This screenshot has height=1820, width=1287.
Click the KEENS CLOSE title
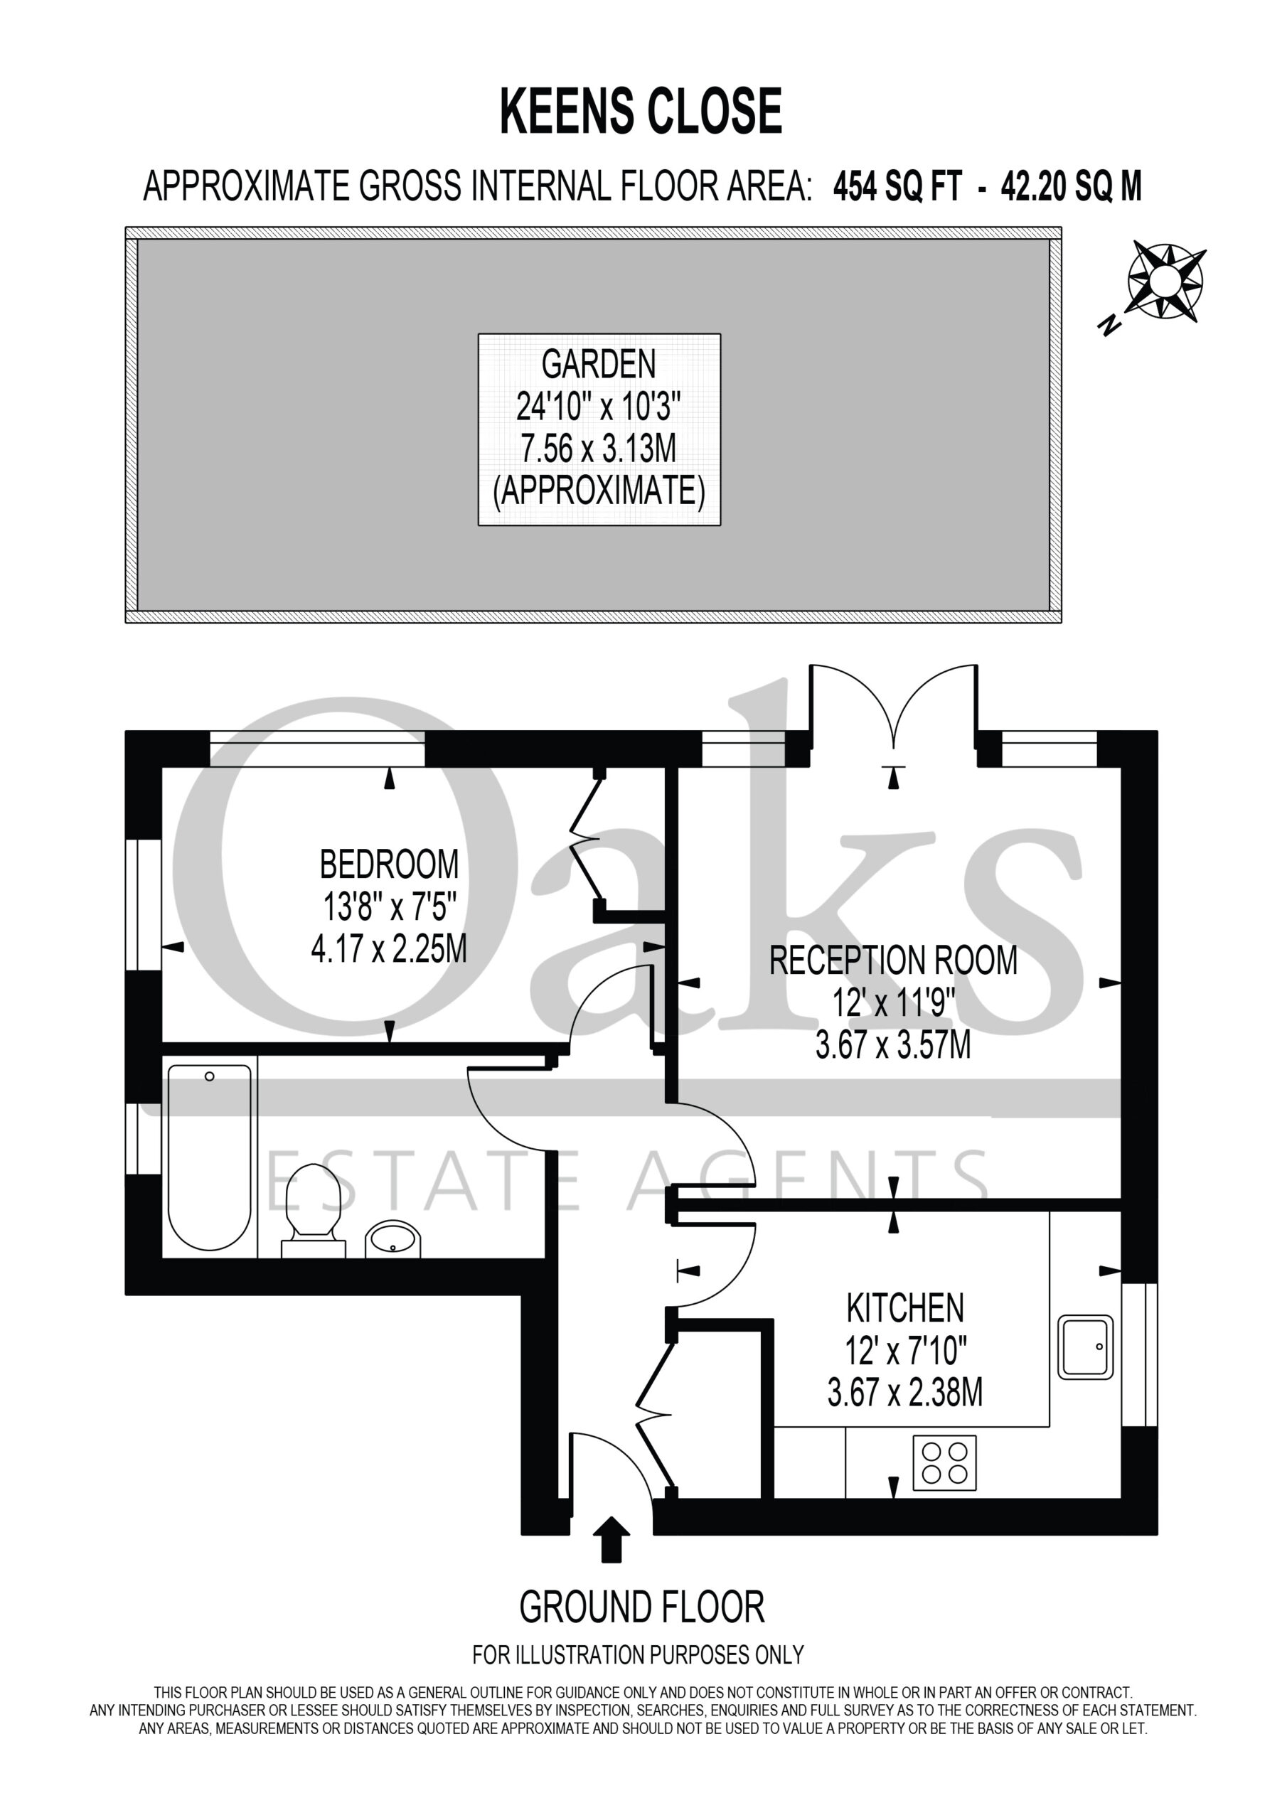coord(641,112)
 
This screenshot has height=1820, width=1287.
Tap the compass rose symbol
coord(1165,281)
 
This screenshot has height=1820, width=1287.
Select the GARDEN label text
coord(599,365)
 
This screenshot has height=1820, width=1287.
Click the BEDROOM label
coord(388,864)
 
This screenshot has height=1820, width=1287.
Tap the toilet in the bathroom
coord(314,1211)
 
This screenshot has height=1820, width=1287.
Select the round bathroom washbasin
coord(392,1238)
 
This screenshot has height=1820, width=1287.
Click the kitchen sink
coord(1086,1347)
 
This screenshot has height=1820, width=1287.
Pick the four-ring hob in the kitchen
coord(944,1462)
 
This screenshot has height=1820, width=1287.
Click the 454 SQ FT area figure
coord(897,188)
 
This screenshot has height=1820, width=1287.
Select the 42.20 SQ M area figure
coord(1072,188)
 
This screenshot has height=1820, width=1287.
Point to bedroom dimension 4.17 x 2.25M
coord(388,949)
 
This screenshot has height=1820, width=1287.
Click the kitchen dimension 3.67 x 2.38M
coord(904,1393)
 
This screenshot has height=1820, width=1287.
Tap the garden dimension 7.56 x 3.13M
coord(599,449)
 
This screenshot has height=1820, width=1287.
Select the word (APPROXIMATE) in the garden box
coord(599,491)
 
